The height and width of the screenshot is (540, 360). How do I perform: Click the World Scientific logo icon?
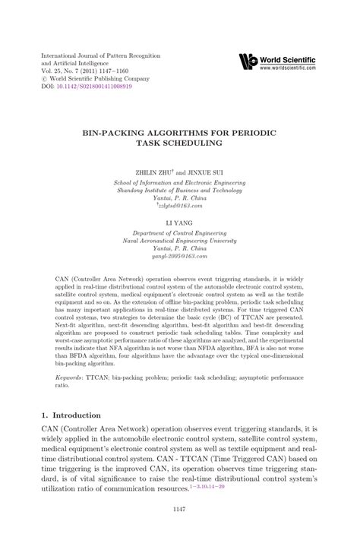click(248, 62)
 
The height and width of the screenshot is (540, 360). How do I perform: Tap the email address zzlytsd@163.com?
click(181, 205)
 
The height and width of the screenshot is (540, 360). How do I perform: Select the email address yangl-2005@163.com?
click(180, 258)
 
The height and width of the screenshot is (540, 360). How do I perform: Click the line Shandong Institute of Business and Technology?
click(180, 190)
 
